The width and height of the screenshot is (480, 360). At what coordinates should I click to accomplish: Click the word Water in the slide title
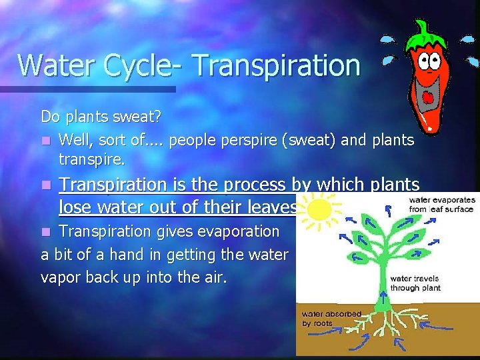pyautogui.click(x=52, y=65)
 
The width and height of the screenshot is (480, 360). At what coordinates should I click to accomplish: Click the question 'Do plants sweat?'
pyautogui.click(x=101, y=117)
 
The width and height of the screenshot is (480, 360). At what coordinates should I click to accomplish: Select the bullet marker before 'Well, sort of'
pyautogui.click(x=45, y=141)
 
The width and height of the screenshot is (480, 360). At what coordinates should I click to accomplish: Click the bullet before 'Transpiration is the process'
pyautogui.click(x=45, y=185)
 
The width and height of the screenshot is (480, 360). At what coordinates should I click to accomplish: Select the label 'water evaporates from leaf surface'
pyautogui.click(x=441, y=203)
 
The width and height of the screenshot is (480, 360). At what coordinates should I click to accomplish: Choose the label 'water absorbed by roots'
pyautogui.click(x=331, y=318)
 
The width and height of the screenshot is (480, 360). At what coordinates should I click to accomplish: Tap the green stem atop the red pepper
pyautogui.click(x=423, y=28)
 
